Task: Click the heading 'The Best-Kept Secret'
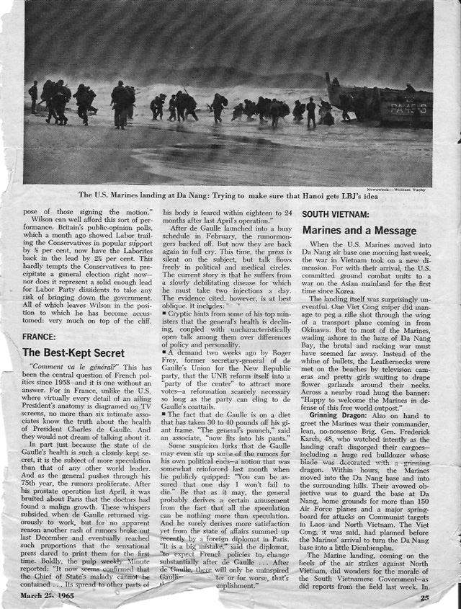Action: (74, 352)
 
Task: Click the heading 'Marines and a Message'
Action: (359, 231)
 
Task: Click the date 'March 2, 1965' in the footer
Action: (55, 596)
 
